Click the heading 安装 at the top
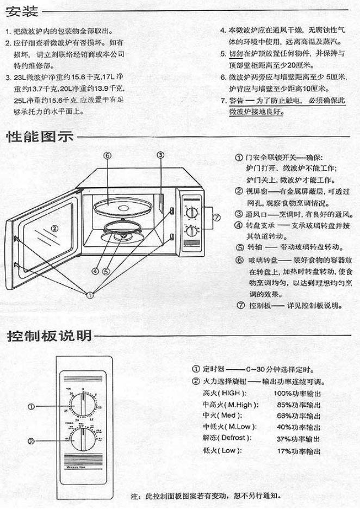[21, 10]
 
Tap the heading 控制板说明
[49, 336]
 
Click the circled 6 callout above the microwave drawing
[108, 156]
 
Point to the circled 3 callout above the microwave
[160, 155]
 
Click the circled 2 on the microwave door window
[54, 229]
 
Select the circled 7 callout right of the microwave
[216, 218]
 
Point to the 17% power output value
[298, 451]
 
